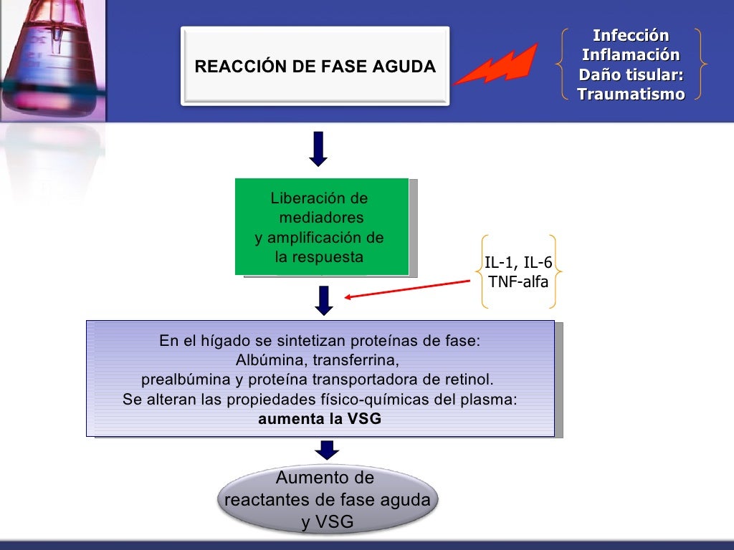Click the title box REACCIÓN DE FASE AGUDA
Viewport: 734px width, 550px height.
[315, 67]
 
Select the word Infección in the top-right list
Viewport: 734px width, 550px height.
[631, 36]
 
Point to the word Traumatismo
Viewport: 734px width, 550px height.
[631, 95]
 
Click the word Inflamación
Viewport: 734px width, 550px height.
[631, 55]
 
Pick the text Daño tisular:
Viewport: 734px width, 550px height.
[631, 74]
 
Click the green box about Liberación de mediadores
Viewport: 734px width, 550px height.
[321, 226]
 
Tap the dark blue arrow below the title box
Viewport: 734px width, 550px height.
[318, 149]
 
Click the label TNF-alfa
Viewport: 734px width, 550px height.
[518, 281]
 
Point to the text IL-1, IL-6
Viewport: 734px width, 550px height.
[518, 262]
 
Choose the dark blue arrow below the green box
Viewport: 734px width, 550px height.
[325, 300]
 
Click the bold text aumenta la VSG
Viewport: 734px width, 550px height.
[320, 420]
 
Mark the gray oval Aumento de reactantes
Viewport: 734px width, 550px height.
[328, 500]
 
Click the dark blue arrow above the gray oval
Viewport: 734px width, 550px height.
[328, 450]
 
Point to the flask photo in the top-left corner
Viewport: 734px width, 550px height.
[50, 57]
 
